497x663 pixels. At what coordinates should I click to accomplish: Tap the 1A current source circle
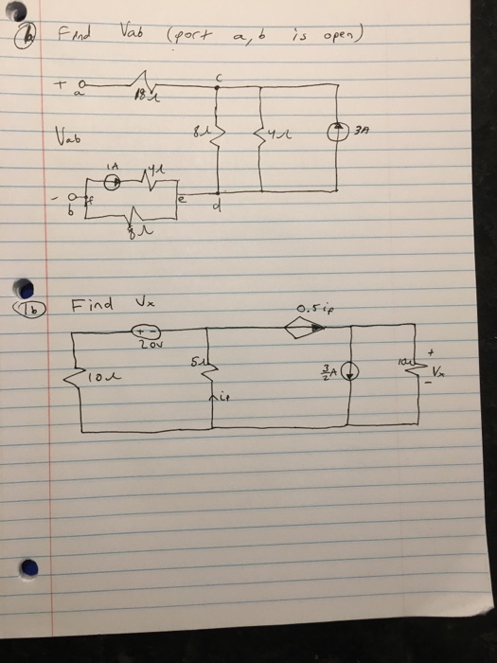(x=112, y=183)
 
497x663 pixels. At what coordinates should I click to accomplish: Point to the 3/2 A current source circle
(x=349, y=372)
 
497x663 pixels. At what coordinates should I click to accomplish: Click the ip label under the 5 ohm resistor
(x=223, y=399)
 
